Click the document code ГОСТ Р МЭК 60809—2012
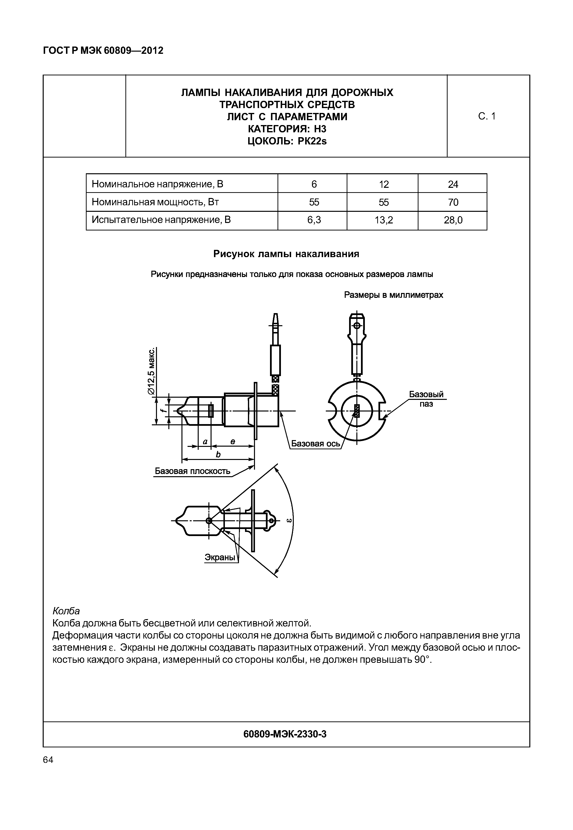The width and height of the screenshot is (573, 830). tap(103, 51)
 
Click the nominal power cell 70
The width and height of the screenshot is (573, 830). tap(453, 202)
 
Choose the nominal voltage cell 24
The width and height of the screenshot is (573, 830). tap(453, 184)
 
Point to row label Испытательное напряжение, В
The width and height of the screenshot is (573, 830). tap(162, 220)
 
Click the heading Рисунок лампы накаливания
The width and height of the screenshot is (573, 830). tap(286, 254)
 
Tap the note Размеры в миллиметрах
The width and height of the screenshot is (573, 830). tap(393, 295)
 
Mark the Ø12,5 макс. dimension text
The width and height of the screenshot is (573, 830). tap(152, 371)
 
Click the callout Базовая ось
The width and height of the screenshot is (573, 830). tap(315, 444)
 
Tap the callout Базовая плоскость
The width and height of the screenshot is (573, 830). tap(192, 471)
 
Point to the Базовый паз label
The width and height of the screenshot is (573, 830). tap(426, 399)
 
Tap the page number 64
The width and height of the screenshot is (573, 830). tap(48, 760)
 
